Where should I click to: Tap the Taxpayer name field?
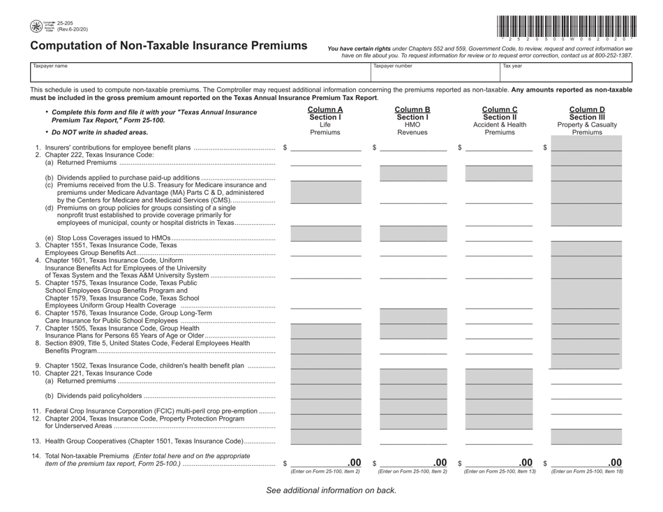coord(199,72)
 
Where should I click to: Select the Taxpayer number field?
coord(433,72)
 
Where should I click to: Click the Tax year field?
coord(565,72)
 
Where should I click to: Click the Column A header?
coord(325,110)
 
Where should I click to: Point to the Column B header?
coord(412,110)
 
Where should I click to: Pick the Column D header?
coord(587,110)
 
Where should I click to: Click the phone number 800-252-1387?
coord(613,55)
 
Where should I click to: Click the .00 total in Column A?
coord(354,462)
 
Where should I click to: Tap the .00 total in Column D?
coord(614,462)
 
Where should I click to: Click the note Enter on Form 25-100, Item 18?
coord(587,471)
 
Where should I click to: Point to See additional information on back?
coord(331,490)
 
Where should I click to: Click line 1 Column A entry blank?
coord(325,147)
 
